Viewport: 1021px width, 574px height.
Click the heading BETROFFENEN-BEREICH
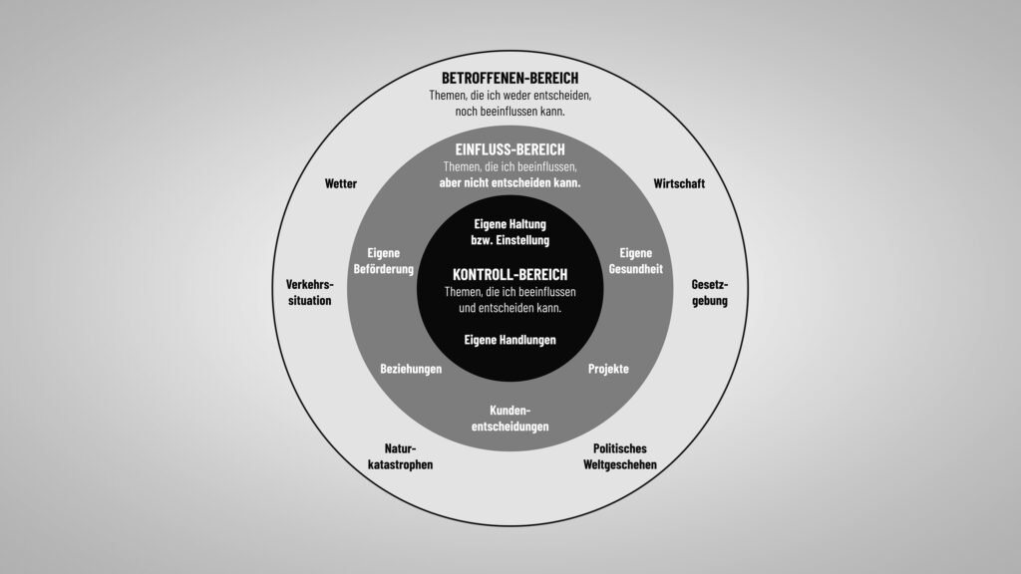[510, 77]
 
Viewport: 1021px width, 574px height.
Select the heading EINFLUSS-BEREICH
[510, 148]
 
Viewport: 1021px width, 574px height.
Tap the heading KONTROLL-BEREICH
[510, 273]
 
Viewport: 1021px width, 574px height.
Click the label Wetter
[340, 184]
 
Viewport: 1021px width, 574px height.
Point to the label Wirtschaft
[679, 184]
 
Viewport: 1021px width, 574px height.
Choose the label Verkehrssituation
[309, 292]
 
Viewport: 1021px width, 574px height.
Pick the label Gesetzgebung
[710, 292]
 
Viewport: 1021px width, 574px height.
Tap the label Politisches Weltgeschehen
[620, 456]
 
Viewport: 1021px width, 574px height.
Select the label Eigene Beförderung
[383, 261]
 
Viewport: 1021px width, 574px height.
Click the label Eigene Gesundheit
[636, 261]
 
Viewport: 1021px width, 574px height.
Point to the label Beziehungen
[411, 369]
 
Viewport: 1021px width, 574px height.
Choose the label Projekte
[608, 369]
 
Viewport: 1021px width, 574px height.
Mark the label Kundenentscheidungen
[510, 419]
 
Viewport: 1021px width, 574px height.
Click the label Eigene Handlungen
[510, 340]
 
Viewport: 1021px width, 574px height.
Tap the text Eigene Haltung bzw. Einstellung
[510, 232]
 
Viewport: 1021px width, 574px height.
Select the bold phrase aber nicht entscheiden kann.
[510, 184]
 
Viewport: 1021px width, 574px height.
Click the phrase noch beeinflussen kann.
[510, 112]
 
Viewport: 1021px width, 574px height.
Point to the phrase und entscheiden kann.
[510, 308]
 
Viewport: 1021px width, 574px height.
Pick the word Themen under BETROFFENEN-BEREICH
[448, 96]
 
